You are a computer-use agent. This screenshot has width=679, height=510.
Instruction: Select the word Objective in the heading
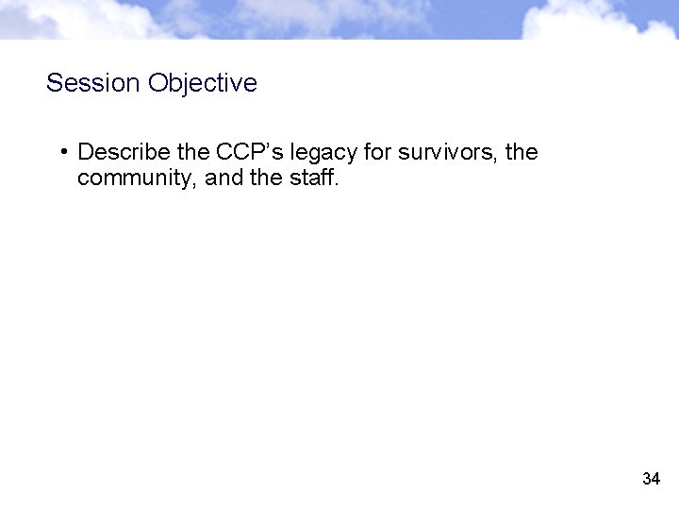point(202,83)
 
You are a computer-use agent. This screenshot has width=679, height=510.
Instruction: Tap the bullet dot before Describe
point(61,151)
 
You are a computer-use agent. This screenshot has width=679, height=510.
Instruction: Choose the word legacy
point(323,153)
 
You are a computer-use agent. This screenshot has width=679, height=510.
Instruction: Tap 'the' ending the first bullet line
point(522,151)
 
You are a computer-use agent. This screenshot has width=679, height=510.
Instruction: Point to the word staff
point(308,177)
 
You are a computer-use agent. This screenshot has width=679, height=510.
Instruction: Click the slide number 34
point(651,479)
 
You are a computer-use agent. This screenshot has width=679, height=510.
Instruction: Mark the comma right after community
point(197,183)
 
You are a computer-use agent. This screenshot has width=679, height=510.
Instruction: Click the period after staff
point(335,183)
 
